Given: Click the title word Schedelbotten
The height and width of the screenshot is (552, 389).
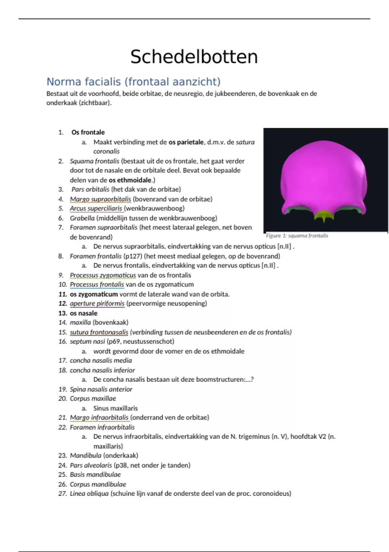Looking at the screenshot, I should coord(194,57).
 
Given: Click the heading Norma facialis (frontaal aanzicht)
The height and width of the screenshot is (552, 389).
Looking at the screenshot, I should coord(133,82).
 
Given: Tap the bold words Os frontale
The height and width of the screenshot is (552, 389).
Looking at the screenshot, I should coord(88,132).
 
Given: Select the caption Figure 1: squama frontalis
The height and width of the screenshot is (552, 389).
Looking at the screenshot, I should coord(297,236).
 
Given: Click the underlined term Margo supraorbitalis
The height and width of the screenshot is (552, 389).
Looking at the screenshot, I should coord(100,199).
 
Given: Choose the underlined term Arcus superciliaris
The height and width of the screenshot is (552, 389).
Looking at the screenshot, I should coord(96,208).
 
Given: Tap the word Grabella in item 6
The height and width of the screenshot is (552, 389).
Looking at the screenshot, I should coord(82,218).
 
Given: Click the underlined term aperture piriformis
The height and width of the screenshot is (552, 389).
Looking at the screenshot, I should coord(97,304).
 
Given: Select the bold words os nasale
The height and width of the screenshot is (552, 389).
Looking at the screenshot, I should coord(84,313).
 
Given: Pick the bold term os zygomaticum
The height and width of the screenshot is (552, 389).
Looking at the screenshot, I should coord(94,294).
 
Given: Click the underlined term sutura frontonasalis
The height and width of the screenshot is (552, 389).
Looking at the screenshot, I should coord(99,332).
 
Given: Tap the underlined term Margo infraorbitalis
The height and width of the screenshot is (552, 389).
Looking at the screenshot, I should coord(99,418).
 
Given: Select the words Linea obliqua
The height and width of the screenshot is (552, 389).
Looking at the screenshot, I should coord(89,494).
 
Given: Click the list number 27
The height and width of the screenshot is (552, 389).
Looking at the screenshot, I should coord(63,494).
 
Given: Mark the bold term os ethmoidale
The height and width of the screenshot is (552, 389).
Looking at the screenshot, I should coord(130,180).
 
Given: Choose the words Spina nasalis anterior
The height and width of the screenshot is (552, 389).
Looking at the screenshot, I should coord(101,389).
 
